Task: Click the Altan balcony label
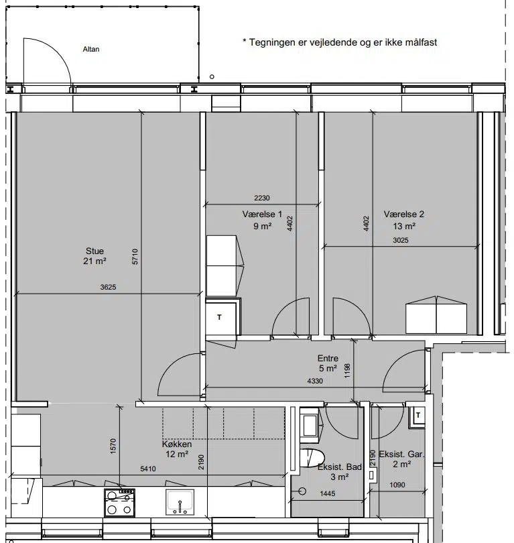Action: (91, 49)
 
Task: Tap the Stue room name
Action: (94, 251)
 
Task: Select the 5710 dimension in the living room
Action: (135, 257)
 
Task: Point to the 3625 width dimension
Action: (108, 287)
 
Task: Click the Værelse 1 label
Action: (262, 215)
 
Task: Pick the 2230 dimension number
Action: (261, 198)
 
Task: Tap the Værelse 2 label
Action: (403, 215)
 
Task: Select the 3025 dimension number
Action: (401, 240)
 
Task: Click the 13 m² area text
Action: (404, 226)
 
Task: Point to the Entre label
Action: (328, 358)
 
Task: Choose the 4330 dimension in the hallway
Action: (315, 381)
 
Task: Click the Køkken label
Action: (176, 444)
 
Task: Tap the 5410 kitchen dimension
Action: (148, 469)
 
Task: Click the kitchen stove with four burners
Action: (119, 503)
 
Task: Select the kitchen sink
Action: (180, 502)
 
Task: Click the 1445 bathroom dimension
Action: (328, 493)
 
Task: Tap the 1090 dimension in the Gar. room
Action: (397, 485)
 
